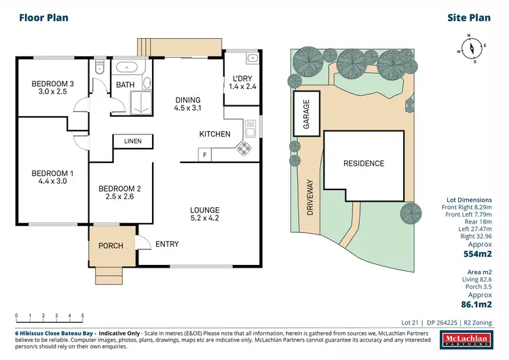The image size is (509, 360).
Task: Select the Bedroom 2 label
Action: (119, 189)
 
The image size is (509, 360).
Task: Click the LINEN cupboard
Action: (132, 141)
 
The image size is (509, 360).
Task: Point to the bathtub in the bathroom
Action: (126, 67)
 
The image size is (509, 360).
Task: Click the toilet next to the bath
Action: (99, 67)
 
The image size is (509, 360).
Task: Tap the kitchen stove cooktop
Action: (244, 149)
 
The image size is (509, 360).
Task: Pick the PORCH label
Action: (111, 246)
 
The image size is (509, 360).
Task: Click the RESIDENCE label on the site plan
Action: (363, 164)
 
